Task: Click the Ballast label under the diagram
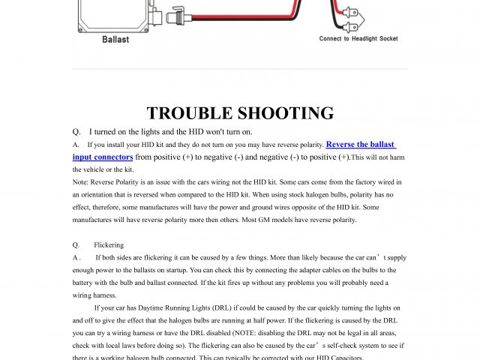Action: tap(115, 40)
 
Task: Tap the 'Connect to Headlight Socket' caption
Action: tap(358, 39)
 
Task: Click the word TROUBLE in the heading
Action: tap(189, 113)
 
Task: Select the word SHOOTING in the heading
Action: tap(285, 113)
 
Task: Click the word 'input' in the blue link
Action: tap(83, 157)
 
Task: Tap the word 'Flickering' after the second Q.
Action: tap(109, 245)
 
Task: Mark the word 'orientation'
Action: tap(97, 195)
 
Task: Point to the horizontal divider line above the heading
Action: tap(239, 69)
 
